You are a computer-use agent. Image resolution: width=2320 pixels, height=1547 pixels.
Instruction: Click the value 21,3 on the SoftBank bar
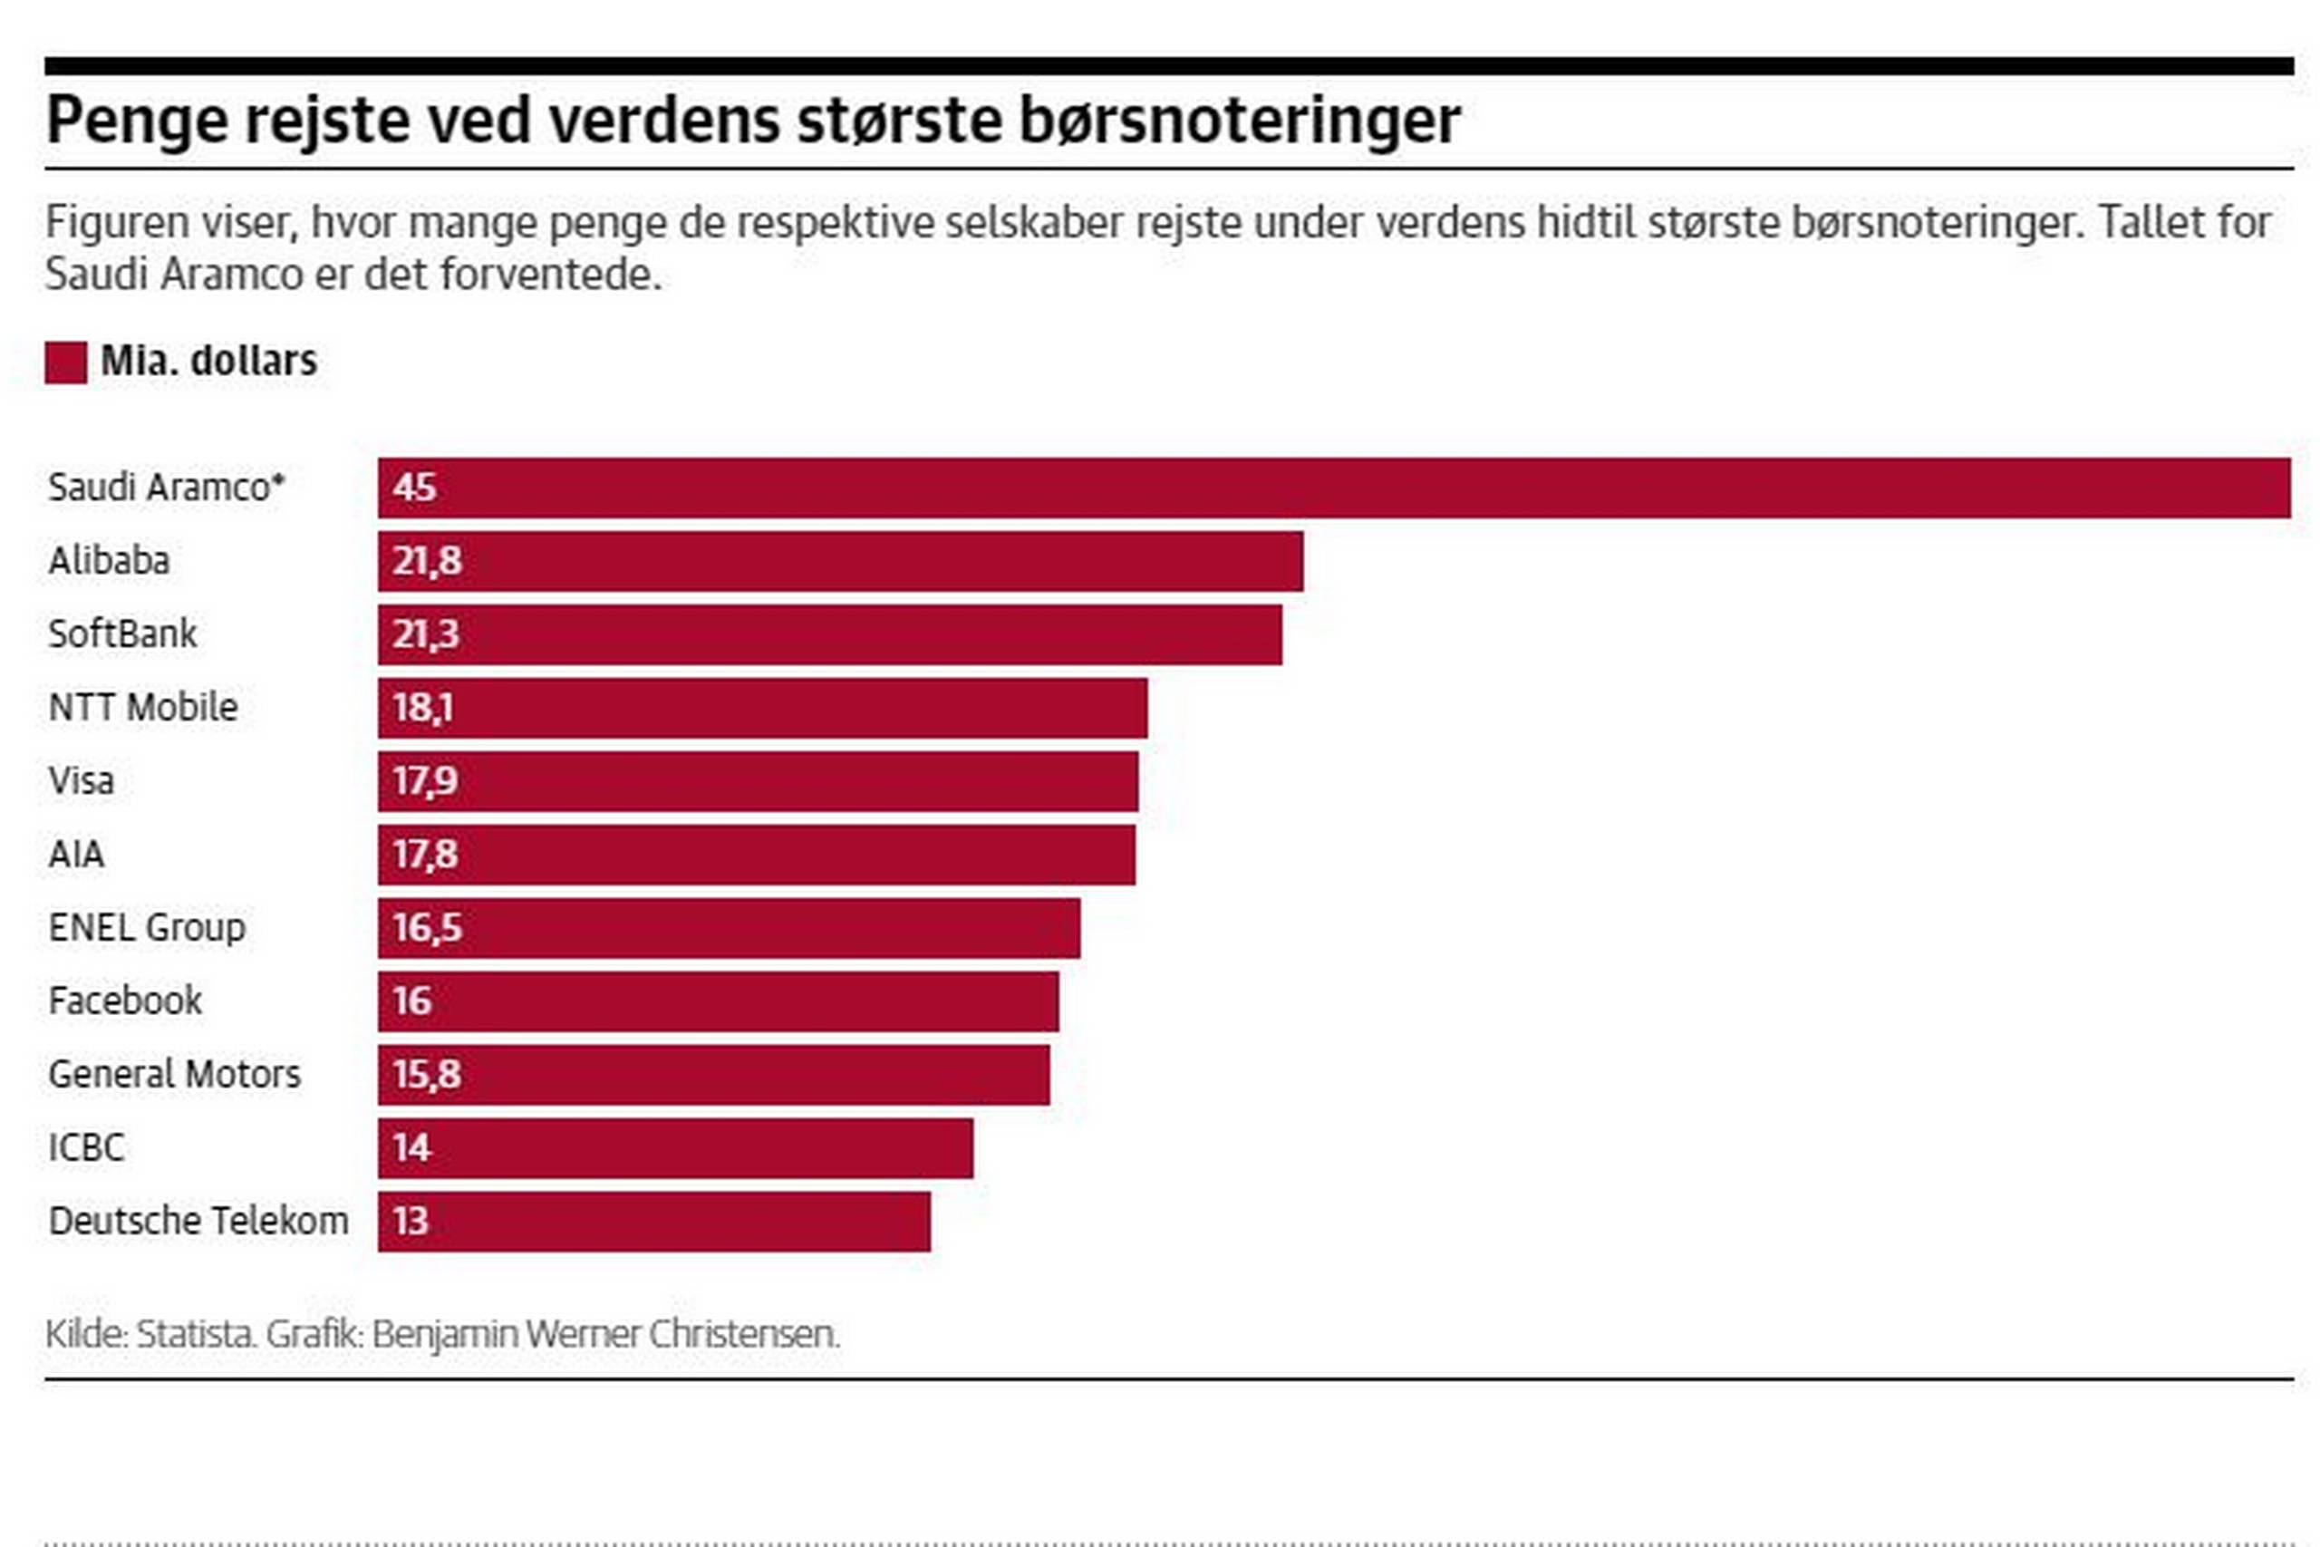[426, 634]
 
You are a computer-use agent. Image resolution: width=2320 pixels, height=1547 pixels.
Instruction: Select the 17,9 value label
[425, 781]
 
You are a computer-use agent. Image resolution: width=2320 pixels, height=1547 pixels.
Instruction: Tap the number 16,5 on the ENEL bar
[427, 927]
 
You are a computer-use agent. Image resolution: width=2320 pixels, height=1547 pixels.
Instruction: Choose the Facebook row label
[125, 1001]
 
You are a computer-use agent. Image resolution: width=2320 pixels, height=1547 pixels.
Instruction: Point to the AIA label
[76, 855]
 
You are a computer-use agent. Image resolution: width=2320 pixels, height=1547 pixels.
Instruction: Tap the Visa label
[82, 781]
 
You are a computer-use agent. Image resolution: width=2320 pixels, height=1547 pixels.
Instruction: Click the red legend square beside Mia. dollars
[66, 363]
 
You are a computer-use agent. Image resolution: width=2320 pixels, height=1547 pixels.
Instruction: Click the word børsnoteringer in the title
[1239, 121]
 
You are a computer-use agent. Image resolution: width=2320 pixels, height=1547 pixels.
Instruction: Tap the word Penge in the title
[137, 121]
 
